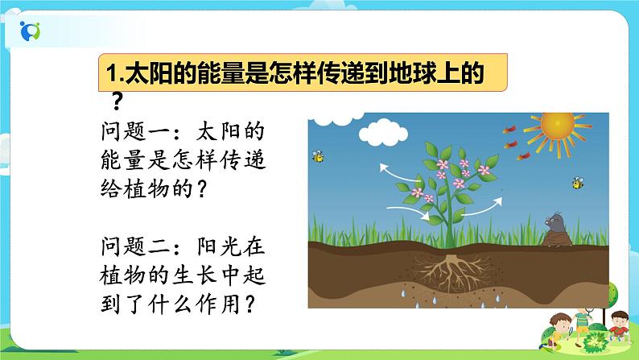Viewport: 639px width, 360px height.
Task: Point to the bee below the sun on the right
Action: click(x=578, y=183)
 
